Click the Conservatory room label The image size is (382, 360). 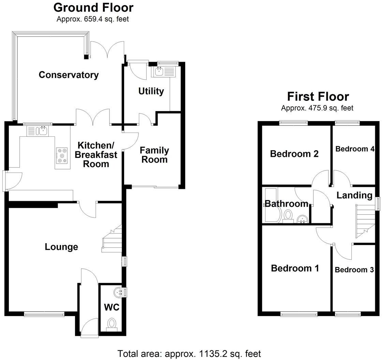tap(69, 75)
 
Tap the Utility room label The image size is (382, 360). tap(151, 91)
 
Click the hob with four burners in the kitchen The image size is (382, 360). tap(62, 155)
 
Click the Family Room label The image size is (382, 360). tap(154, 155)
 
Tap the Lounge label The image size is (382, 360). tap(61, 247)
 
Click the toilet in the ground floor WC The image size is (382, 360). tap(111, 323)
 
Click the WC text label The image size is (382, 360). tap(112, 307)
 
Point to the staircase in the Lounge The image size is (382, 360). tap(113, 239)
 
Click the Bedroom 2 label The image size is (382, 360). tap(294, 154)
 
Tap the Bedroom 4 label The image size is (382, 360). tap(355, 149)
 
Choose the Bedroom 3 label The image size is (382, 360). tap(354, 270)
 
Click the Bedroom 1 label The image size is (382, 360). tap(295, 268)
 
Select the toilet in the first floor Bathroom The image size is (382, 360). tap(288, 215)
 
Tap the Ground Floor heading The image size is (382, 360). tap(93, 7)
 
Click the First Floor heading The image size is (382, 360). tap(318, 96)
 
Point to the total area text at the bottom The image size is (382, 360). tap(189, 354)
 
